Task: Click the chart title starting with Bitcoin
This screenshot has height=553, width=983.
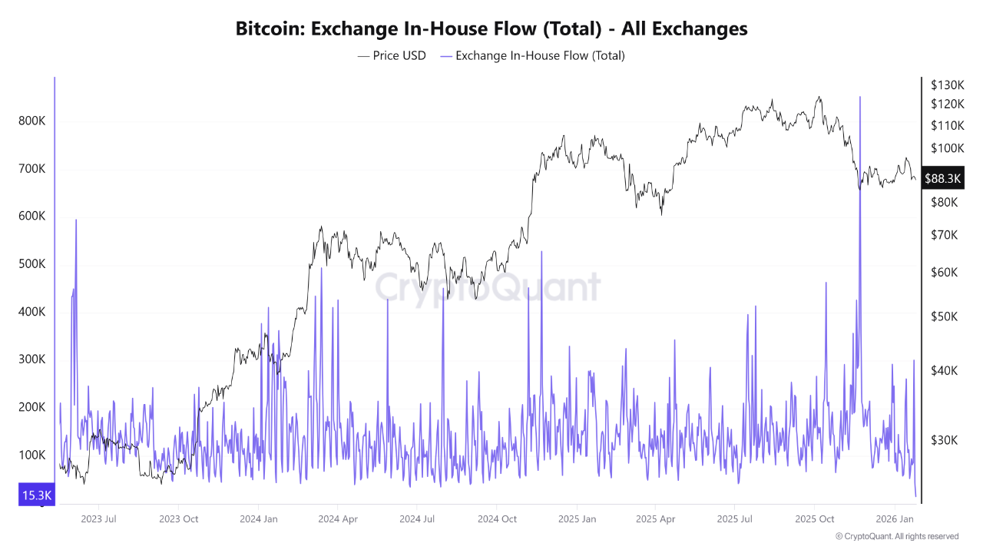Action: (491, 29)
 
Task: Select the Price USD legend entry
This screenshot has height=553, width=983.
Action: (392, 55)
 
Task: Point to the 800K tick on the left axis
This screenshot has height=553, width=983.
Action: (31, 121)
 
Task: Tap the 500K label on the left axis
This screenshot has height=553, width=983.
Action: (31, 264)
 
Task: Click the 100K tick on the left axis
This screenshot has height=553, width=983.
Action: (31, 455)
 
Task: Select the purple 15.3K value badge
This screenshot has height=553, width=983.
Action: (36, 495)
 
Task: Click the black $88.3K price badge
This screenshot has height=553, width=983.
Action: (942, 178)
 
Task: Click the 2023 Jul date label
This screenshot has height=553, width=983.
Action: (98, 519)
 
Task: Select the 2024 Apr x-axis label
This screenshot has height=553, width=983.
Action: (339, 519)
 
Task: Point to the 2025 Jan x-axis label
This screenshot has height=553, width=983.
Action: (577, 519)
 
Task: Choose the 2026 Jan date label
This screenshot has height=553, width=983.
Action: (894, 519)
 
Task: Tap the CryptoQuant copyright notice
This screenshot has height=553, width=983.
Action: (896, 536)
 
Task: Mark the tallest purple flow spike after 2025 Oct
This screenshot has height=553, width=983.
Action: (860, 98)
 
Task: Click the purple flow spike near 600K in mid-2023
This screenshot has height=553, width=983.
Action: (76, 221)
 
